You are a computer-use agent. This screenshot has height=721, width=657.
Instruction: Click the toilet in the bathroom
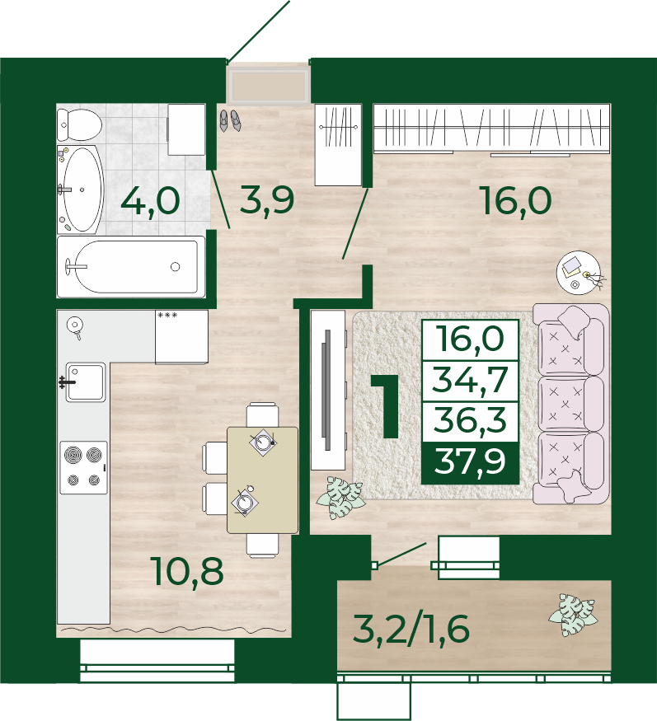tap(79, 124)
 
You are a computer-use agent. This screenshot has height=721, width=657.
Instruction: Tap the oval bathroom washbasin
tap(80, 190)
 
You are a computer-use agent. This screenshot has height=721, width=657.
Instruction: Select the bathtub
tap(131, 267)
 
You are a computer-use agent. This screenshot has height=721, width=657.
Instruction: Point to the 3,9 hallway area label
tap(267, 201)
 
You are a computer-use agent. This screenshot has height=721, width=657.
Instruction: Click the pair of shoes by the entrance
tap(229, 120)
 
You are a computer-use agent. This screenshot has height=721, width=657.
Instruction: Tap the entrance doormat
tap(269, 87)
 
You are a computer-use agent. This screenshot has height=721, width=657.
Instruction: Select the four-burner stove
tap(84, 468)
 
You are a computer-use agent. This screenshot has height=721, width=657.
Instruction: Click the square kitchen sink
tap(86, 382)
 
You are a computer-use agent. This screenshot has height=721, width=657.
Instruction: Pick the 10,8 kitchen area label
tap(189, 572)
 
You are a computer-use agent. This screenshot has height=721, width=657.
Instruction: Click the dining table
tap(263, 480)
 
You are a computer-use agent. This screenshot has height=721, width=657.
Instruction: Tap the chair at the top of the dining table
tap(262, 414)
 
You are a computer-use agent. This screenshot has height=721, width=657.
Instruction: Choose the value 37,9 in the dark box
tap(470, 461)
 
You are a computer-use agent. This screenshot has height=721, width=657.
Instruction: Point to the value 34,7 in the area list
tap(470, 380)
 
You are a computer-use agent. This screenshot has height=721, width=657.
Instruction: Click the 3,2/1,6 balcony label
tap(411, 630)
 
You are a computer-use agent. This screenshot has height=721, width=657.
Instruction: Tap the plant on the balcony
tap(573, 616)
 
